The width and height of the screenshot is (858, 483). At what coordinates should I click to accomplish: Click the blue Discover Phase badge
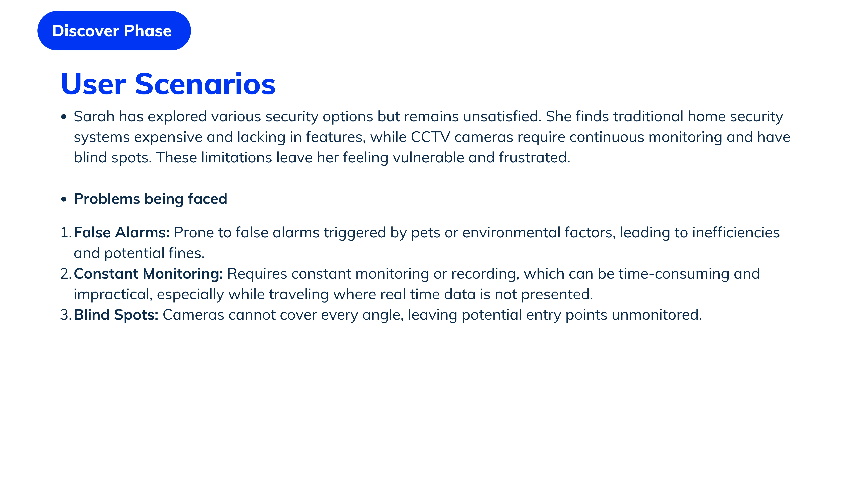pyautogui.click(x=114, y=31)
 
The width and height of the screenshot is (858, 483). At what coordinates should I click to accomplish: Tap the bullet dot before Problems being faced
pyautogui.click(x=64, y=199)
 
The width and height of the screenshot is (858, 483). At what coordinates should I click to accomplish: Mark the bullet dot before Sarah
pyautogui.click(x=64, y=117)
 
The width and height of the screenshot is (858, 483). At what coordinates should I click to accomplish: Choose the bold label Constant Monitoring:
pyautogui.click(x=148, y=274)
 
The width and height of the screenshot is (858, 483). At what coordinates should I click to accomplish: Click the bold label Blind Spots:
pyautogui.click(x=116, y=315)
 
